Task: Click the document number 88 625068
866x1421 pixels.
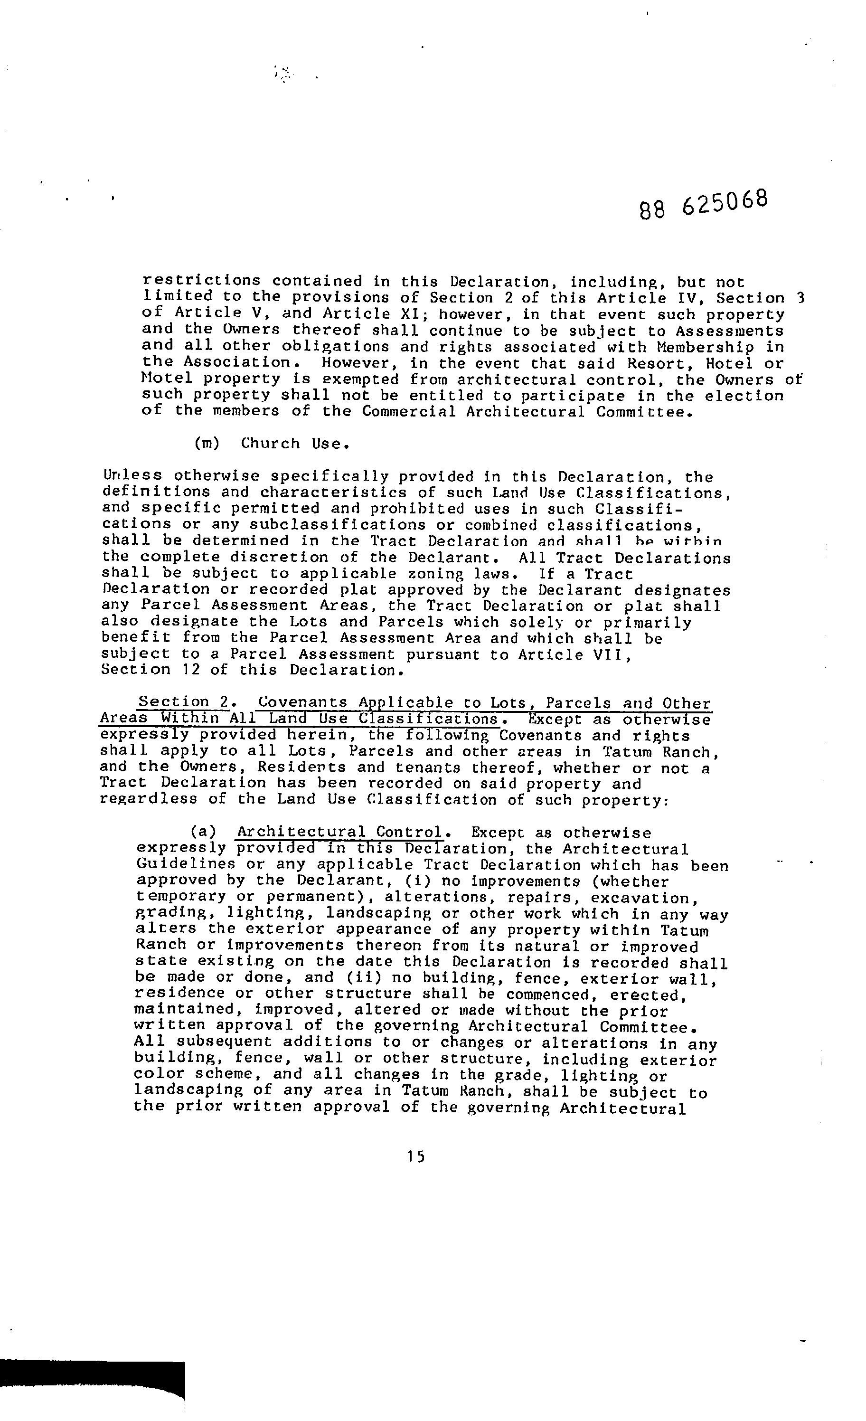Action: [704, 204]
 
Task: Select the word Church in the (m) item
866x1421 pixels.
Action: [271, 444]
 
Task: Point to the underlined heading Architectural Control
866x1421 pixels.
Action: [339, 832]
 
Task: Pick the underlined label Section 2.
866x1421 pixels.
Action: [183, 702]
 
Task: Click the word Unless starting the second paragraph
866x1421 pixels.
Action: [132, 476]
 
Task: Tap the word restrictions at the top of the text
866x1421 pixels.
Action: [201, 282]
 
